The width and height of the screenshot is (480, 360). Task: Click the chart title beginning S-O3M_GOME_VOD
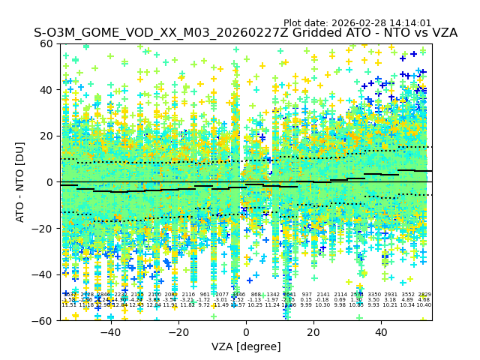[x=245, y=33]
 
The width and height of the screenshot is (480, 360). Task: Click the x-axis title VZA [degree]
[x=246, y=347]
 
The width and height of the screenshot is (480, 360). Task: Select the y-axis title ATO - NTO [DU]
[x=20, y=181]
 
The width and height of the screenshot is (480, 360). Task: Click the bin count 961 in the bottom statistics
[x=205, y=295]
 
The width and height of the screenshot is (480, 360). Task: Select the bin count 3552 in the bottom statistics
[x=407, y=295]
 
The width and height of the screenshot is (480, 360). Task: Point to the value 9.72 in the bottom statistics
[x=205, y=305]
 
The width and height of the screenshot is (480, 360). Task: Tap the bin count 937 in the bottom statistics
[x=306, y=295]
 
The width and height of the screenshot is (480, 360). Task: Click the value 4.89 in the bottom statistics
[x=407, y=300]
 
